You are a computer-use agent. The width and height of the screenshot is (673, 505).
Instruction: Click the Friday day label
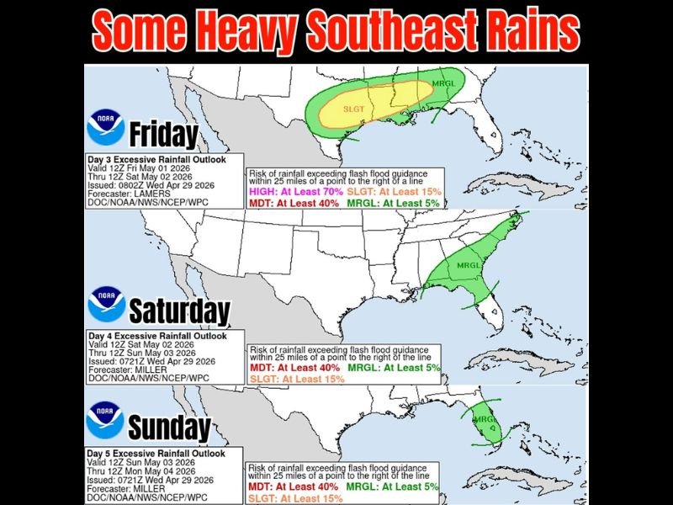pyautogui.click(x=163, y=135)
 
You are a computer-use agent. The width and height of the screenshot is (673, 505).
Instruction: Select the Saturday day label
pyautogui.click(x=179, y=311)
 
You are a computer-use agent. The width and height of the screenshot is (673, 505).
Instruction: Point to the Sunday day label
pyautogui.click(x=168, y=427)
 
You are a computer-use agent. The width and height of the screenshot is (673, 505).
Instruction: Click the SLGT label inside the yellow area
pyautogui.click(x=353, y=109)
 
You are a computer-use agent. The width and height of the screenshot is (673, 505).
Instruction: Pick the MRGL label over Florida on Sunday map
pyautogui.click(x=481, y=418)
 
